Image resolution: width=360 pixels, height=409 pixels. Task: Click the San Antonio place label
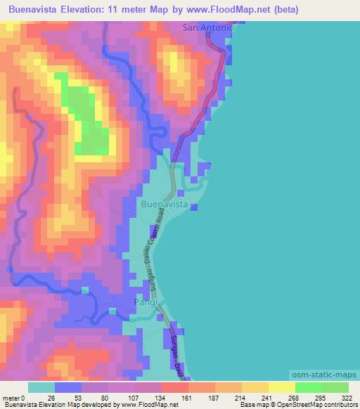tap(208, 28)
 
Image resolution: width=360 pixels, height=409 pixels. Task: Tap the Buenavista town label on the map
tap(165, 204)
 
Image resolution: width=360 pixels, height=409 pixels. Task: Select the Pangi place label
tap(146, 302)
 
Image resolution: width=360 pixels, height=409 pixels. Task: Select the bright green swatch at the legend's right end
tap(335, 387)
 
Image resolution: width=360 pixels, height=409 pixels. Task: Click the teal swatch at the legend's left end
tap(41, 387)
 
